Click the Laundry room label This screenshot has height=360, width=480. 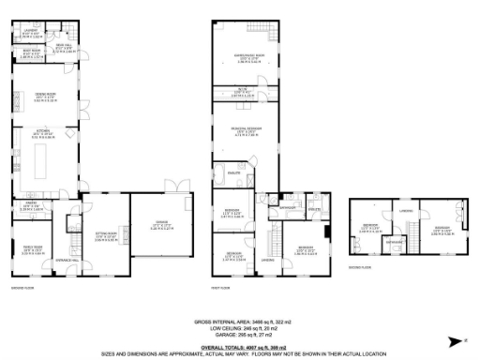tap(28, 35)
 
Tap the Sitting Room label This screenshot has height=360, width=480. tap(105, 236)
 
